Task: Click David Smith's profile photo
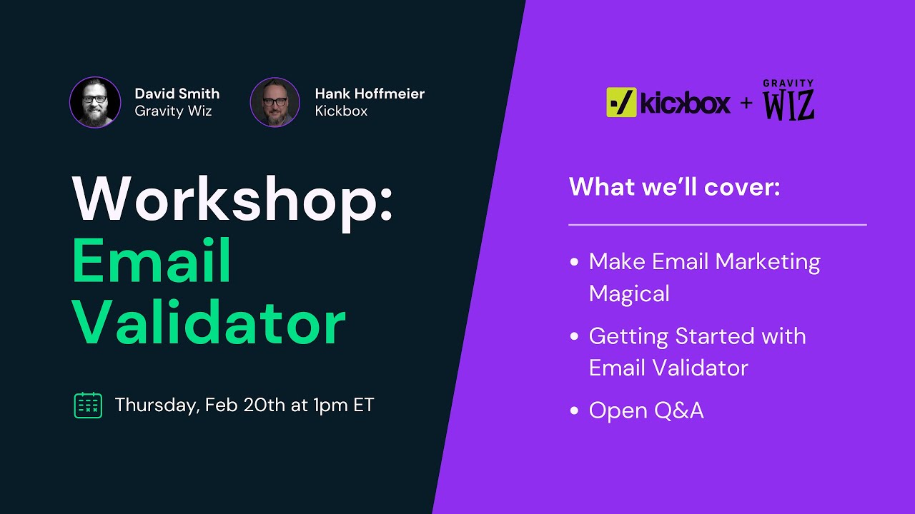[95, 102]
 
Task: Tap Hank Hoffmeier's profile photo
[274, 102]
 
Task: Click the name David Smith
[177, 94]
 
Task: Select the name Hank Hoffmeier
[369, 94]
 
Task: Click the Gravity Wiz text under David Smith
[173, 111]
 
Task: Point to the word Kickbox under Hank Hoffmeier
[341, 111]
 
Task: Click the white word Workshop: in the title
[232, 199]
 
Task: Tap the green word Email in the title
[152, 261]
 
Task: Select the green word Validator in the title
[209, 323]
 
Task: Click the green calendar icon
[88, 405]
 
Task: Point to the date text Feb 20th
[244, 405]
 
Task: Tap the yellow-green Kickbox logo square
[621, 102]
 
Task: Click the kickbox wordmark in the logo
[686, 103]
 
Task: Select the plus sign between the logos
[746, 103]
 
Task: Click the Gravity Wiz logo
[788, 101]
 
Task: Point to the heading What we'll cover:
[674, 187]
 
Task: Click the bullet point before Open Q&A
[575, 411]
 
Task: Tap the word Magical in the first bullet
[629, 293]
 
